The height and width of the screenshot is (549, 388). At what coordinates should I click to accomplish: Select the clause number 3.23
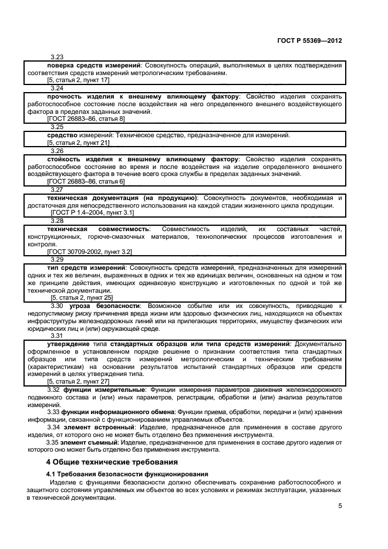[58, 57]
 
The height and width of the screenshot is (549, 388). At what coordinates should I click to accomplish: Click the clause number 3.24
[58, 88]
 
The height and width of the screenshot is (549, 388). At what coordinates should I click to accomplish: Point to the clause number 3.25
[58, 127]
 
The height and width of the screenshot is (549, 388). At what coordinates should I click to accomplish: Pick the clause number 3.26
[58, 151]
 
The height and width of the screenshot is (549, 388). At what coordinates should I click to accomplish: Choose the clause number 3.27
[58, 189]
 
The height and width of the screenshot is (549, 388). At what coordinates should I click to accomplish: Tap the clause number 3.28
[58, 221]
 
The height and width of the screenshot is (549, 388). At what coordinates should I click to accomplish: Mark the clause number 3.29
[58, 259]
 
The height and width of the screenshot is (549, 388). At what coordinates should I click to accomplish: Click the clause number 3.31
[58, 335]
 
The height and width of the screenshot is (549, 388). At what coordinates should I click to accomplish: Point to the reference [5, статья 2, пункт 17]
[79, 80]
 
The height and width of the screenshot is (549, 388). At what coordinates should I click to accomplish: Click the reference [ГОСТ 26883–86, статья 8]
[86, 119]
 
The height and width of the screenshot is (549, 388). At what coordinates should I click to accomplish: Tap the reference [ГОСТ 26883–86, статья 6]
[86, 182]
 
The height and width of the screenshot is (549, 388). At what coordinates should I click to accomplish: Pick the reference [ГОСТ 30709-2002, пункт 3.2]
[90, 252]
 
